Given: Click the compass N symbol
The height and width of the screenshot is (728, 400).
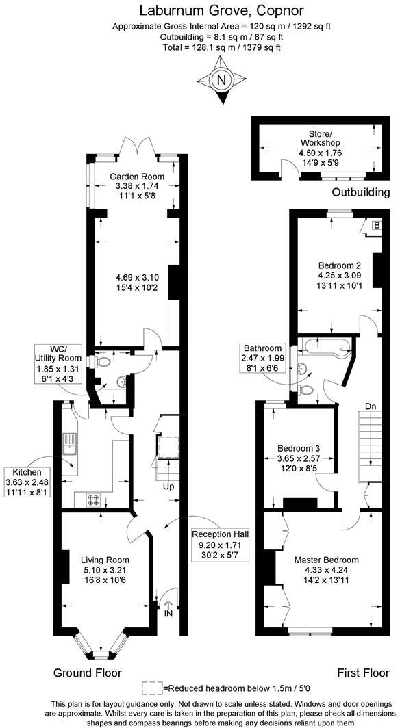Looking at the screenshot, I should (221, 80).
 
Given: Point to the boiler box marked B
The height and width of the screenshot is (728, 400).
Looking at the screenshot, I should (375, 225).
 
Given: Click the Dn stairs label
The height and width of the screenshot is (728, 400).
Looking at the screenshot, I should (371, 406).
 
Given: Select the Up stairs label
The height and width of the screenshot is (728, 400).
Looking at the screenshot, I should (167, 487).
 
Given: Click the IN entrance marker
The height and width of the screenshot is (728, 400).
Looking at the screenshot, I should (168, 614).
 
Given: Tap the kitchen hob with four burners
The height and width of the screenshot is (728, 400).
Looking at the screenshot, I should (92, 501).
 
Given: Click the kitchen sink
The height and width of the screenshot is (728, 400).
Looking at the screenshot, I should (70, 444).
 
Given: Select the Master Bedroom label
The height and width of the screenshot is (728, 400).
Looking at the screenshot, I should (326, 560).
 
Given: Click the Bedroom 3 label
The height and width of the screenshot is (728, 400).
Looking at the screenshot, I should (293, 448).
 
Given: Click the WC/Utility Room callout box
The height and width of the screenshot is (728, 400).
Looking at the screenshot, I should (59, 368).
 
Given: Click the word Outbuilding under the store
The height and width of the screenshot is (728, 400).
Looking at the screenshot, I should (360, 192).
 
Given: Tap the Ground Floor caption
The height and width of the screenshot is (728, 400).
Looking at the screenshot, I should (88, 673).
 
